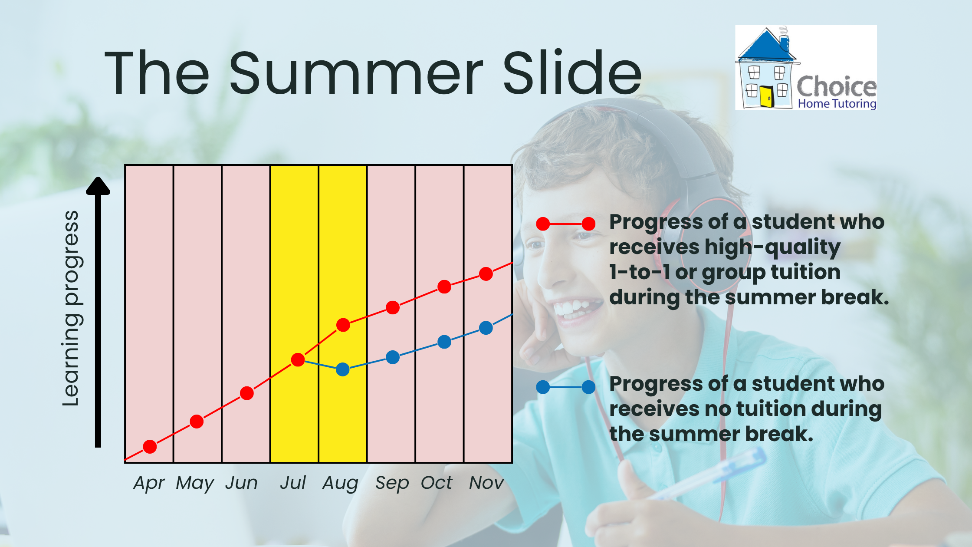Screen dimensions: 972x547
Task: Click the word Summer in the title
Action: tap(356, 73)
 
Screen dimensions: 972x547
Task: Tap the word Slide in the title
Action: tap(572, 72)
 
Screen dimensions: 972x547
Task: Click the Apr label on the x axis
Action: tap(149, 483)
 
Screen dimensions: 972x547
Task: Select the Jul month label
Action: tap(293, 482)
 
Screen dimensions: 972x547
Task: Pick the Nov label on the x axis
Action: tap(486, 483)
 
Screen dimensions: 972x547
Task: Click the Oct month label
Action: tap(437, 483)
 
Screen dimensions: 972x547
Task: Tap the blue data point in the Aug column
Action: tap(343, 369)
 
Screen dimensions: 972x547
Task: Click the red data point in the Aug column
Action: tap(343, 325)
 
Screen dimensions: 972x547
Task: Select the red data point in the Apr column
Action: tap(150, 447)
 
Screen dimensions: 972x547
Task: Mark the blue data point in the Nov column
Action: tap(486, 328)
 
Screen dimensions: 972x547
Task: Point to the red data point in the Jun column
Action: tap(247, 393)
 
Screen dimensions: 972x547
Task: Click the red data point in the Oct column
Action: tap(444, 287)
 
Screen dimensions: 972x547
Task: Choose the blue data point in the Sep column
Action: tap(393, 357)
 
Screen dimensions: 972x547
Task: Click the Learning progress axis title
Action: tap(71, 309)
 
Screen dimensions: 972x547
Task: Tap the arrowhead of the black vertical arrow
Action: tap(98, 186)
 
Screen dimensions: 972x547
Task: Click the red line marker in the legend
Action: tap(566, 224)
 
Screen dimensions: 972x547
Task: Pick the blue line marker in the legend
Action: tap(566, 387)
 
